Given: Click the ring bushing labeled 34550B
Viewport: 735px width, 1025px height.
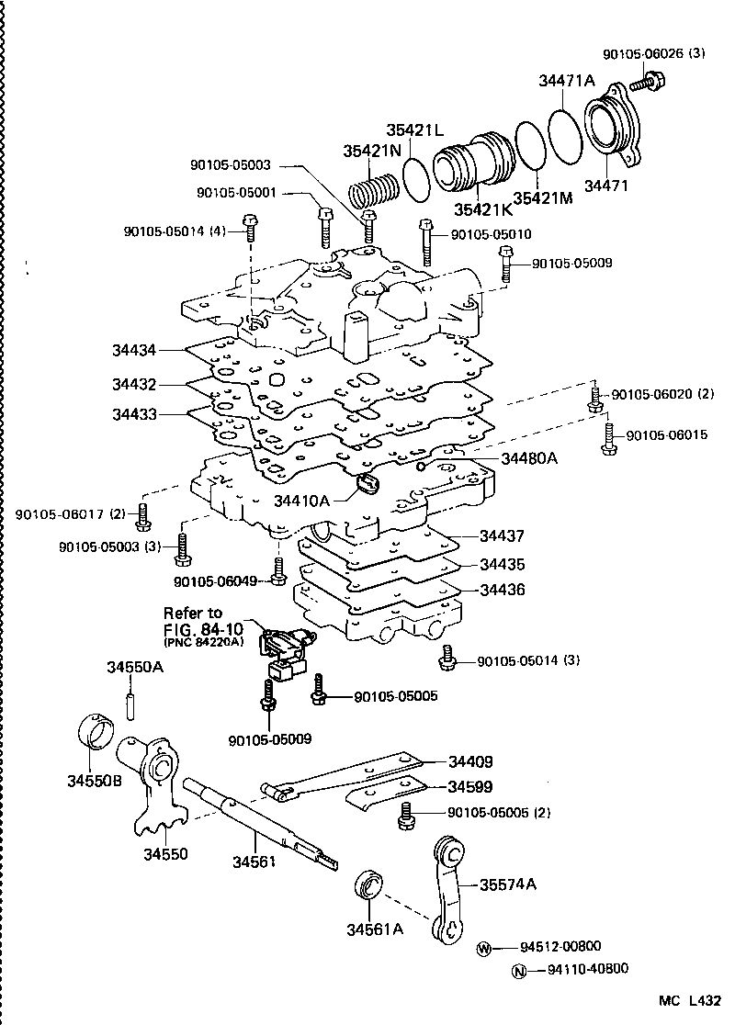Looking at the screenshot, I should click(x=94, y=735).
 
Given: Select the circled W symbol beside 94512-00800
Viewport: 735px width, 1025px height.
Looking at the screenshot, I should click(x=484, y=948).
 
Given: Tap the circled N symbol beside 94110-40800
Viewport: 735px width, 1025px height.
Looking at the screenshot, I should click(x=520, y=969).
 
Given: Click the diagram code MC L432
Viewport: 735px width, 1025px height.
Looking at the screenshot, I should click(x=690, y=1002).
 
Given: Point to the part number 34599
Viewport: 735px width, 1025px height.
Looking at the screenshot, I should click(x=470, y=787).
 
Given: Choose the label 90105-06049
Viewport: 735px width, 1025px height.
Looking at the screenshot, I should click(x=216, y=580).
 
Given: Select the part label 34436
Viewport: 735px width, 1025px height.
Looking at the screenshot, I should click(x=501, y=590).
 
